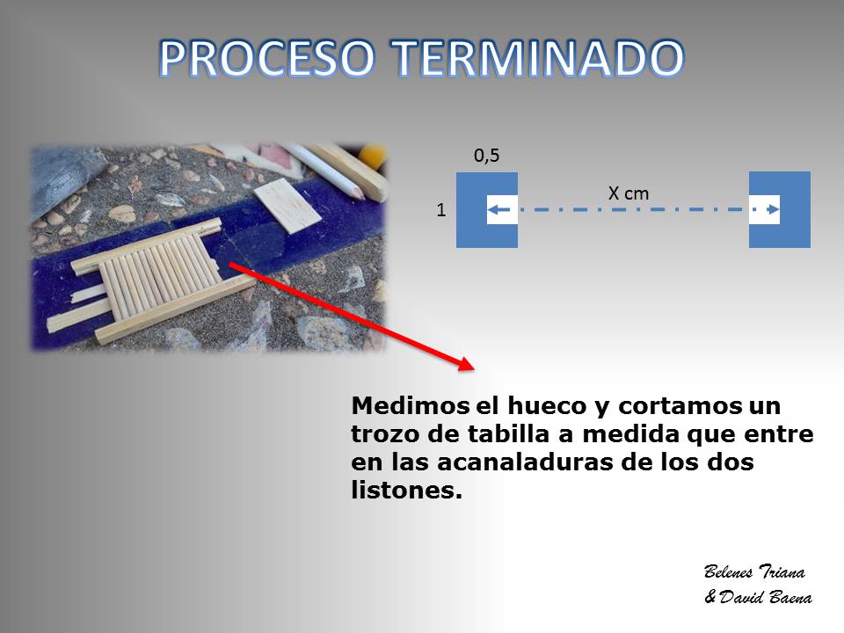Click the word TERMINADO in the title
(x=537, y=58)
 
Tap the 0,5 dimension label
(x=486, y=156)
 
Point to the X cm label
(x=628, y=193)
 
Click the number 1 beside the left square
(x=440, y=209)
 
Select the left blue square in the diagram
(x=471, y=210)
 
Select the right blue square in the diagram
(x=795, y=209)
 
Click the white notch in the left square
(x=502, y=209)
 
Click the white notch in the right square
(x=764, y=209)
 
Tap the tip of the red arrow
(x=474, y=369)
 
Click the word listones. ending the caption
(x=406, y=490)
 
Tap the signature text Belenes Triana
(x=754, y=571)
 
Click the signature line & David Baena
(x=759, y=597)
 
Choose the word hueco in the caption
(x=546, y=405)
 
